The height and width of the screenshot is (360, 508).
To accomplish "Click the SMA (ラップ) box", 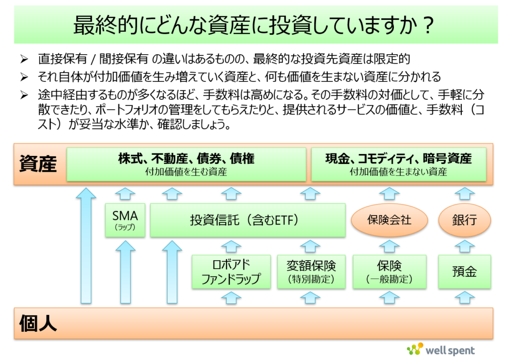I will [126, 220].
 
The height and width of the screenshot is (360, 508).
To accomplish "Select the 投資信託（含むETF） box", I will [248, 220].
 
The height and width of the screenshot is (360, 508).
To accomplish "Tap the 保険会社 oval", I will [389, 219].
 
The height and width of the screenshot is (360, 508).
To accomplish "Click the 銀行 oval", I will [464, 219].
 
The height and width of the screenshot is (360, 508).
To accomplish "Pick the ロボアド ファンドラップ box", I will [231, 271].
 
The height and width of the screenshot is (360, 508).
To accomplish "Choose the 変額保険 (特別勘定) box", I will [311, 271].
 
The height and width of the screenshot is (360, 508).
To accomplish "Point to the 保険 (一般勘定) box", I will [389, 271].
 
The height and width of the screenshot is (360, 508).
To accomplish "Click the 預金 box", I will [464, 271].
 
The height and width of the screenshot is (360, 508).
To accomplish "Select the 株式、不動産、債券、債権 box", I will [186, 164].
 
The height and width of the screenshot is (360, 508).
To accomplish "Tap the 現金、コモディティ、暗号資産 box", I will [398, 164].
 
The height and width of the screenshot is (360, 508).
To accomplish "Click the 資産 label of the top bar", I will [38, 164].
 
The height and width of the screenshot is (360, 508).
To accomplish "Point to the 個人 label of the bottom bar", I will [38, 323].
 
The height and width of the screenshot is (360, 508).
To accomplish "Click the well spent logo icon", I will [415, 349].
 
